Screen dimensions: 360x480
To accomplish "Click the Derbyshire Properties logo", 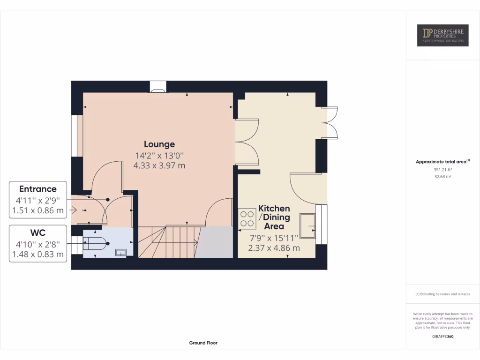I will (x=442, y=35).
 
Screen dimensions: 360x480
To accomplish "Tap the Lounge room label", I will (x=159, y=144).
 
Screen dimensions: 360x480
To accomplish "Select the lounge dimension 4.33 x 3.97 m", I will (x=159, y=165).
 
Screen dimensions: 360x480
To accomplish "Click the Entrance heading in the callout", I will (x=37, y=189).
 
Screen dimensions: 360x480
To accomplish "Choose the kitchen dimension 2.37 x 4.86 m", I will (x=274, y=248).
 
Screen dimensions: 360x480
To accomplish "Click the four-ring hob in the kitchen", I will (x=247, y=218).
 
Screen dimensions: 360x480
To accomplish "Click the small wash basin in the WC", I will (x=121, y=252).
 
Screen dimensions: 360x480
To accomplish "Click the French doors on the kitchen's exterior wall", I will (x=329, y=123).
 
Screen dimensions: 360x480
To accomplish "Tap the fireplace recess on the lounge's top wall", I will (x=157, y=87).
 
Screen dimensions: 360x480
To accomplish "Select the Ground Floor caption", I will (x=203, y=343).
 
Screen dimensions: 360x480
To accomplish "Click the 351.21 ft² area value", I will (x=442, y=170).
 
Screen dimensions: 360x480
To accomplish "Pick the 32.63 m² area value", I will (x=442, y=177).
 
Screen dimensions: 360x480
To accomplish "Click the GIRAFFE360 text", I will (x=442, y=337).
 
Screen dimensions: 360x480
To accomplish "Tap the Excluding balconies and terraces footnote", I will (x=442, y=294).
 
